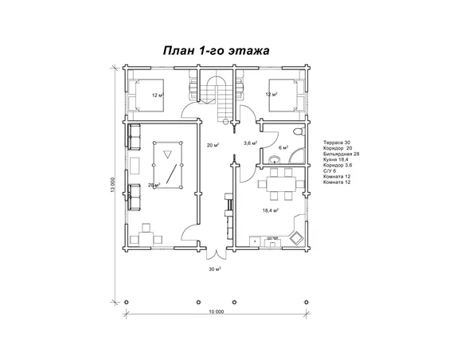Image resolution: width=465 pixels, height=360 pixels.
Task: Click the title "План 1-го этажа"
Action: pos(217,51)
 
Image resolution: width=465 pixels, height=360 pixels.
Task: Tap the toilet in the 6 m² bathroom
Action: pos(299,131)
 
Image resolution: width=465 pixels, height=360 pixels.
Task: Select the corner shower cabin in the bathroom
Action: pos(297,156)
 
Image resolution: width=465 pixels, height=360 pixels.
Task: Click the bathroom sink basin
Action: pos(275,159)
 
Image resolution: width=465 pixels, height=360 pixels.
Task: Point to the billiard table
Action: pos(167,165)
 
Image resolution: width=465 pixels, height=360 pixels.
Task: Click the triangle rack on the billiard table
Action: pos(167,155)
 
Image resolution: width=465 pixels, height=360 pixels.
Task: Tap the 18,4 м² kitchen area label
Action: pos(270,210)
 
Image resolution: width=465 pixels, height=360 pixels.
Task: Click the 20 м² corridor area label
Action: pos(213,145)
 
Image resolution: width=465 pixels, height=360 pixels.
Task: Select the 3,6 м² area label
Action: pos(250,143)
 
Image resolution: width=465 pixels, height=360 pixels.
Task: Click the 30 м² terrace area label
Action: pos(215,269)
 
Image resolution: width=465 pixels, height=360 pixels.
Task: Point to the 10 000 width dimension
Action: pos(217,311)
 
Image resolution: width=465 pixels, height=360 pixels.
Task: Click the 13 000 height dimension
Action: pos(112,185)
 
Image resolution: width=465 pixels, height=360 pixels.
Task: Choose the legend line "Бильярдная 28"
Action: pos(342,154)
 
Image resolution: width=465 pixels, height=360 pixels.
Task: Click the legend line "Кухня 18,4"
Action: pos(336,159)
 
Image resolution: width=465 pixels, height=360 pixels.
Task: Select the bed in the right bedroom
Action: pos(286,96)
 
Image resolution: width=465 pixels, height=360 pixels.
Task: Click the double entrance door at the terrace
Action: pos(217,254)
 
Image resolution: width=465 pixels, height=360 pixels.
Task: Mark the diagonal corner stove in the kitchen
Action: pos(296,238)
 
